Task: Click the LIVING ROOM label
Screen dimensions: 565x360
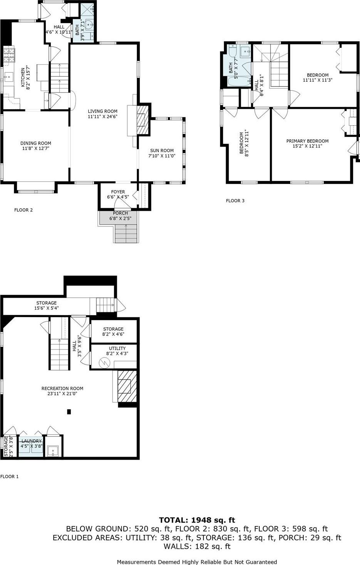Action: (x=103, y=111)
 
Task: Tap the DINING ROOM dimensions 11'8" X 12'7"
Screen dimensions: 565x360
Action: (x=35, y=148)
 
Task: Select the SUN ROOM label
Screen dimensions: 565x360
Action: (x=162, y=150)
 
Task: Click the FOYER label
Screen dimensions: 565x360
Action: (x=118, y=192)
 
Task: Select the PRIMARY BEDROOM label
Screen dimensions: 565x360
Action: (x=307, y=141)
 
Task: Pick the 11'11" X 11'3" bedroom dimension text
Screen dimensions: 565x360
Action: (x=318, y=80)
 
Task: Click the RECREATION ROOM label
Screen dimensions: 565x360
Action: (x=62, y=388)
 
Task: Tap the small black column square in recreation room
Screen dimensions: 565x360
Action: (x=69, y=412)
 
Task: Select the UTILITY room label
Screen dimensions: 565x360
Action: (x=117, y=348)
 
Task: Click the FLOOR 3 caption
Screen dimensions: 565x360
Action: (x=235, y=201)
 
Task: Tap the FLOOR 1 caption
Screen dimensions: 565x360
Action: (x=9, y=476)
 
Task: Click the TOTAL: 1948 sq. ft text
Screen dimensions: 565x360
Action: (x=197, y=520)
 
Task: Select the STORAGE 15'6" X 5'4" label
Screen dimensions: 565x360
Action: (x=46, y=305)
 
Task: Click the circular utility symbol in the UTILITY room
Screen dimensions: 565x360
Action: (x=104, y=363)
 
